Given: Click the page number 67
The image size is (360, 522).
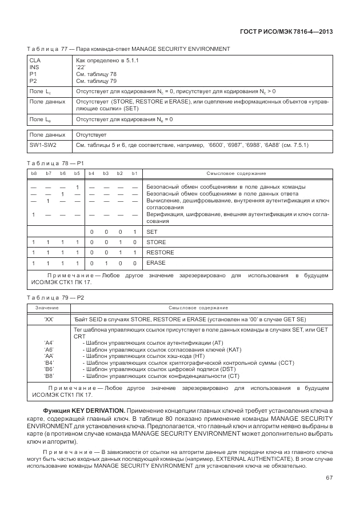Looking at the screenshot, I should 329,479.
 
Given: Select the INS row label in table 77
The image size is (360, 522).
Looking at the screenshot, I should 34,66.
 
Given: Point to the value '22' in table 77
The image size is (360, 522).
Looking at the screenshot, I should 81,66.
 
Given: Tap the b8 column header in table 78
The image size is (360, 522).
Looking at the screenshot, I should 34,173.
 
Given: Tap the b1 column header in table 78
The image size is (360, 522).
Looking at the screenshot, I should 134,173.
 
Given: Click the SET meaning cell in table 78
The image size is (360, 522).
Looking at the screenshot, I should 152,232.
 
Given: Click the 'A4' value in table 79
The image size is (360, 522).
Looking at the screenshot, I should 49,342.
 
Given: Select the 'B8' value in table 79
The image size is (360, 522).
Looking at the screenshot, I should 49,376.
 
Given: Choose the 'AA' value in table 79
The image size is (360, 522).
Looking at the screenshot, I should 49,356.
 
